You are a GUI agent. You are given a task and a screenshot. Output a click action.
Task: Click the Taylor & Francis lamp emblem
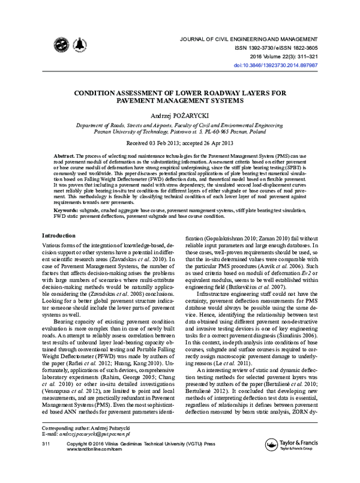pyautogui.click(x=272, y=461)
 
